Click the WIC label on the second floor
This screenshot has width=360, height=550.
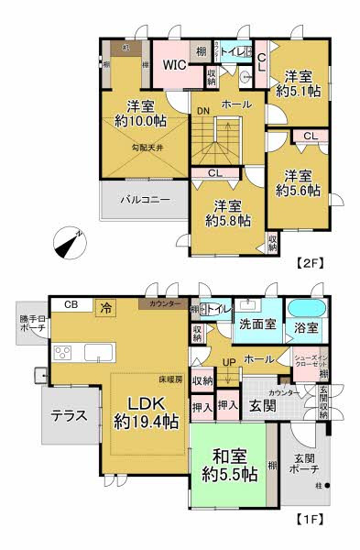point(174,65)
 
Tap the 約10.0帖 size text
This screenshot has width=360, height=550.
point(140,120)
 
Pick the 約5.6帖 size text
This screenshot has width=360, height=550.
point(299,191)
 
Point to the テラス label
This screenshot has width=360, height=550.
point(69,414)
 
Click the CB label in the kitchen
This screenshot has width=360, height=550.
point(70,306)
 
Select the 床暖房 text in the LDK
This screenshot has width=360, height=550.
point(169,378)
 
